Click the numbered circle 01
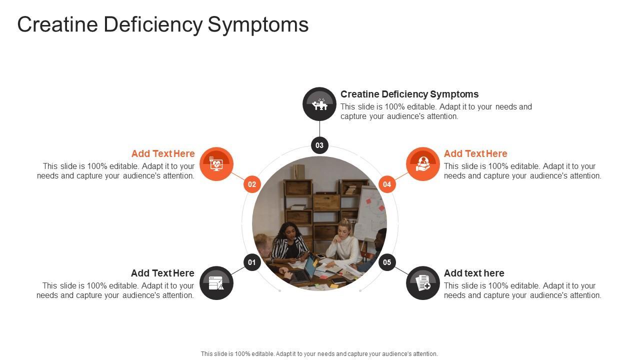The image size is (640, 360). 252,262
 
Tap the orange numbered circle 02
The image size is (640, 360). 252,184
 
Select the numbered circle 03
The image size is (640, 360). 319,145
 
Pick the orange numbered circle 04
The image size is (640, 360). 387,184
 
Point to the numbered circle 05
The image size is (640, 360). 387,262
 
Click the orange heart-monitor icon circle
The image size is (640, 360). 216,164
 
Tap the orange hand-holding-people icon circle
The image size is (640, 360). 423,164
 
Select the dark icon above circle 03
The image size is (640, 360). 319,104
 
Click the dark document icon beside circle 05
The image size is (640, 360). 423,283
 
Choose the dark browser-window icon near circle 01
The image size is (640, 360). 216,283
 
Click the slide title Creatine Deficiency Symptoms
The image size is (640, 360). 163,24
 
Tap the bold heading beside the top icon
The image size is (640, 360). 409,94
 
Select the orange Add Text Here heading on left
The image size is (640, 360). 163,153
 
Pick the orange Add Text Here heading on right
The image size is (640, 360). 475,153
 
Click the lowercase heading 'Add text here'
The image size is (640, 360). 474,273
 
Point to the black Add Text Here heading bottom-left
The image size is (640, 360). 162,273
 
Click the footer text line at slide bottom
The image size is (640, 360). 319,353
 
